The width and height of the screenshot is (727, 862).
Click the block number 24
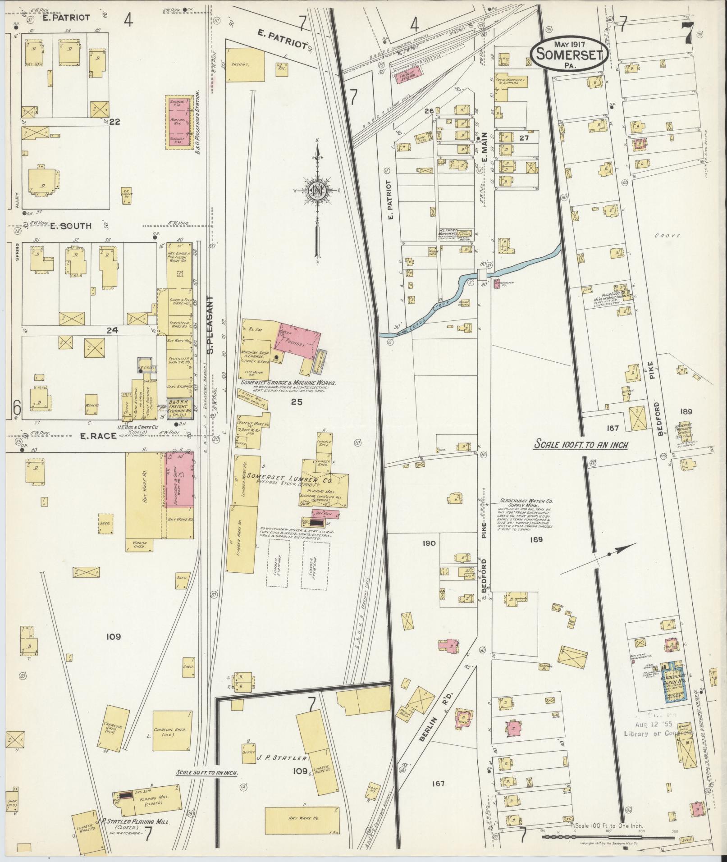pyautogui.click(x=112, y=330)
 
